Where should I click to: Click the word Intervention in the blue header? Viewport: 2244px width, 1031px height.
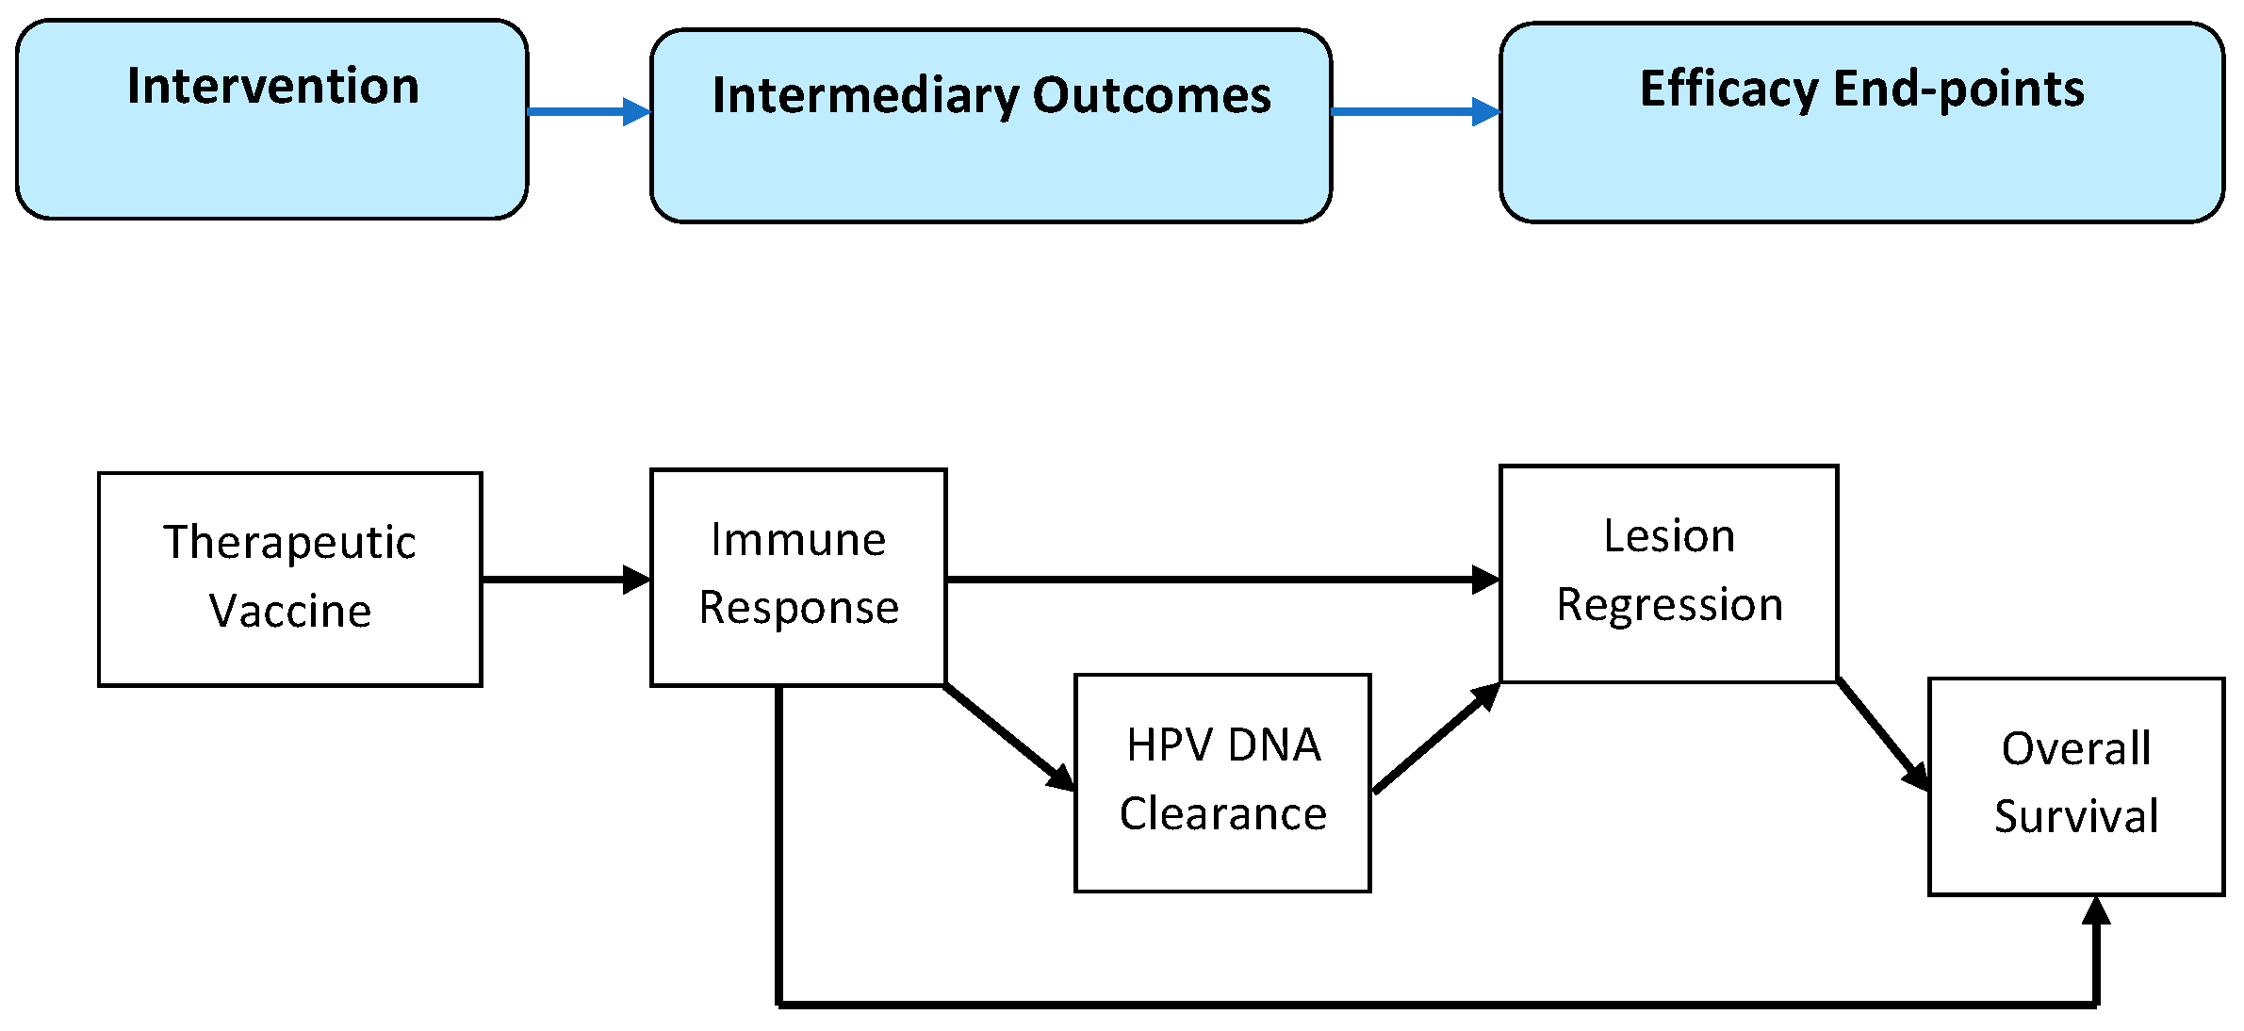tap(273, 87)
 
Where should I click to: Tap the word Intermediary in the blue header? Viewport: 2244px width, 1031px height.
tap(864, 96)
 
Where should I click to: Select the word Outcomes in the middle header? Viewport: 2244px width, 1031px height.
tap(1152, 95)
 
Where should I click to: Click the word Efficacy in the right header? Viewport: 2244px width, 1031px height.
tap(1728, 90)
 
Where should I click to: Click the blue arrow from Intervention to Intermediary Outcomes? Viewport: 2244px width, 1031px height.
tap(586, 111)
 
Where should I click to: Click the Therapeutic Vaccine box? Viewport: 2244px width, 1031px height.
tap(289, 579)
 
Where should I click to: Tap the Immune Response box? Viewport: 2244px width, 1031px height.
tap(797, 576)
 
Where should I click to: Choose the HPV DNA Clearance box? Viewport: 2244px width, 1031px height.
tap(1221, 781)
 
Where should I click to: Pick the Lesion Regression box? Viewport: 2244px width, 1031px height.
tap(1667, 572)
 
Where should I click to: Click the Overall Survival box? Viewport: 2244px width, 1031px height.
tap(2075, 785)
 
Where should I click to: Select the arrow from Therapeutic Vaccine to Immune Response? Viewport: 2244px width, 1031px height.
tap(564, 579)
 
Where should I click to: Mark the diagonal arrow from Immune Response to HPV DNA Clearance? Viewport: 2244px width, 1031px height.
tap(1008, 738)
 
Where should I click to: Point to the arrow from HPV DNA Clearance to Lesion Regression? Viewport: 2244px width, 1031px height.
tap(1435, 738)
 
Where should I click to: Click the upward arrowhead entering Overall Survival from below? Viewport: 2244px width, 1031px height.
tap(2096, 912)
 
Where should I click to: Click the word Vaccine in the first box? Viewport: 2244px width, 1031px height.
tap(290, 612)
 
